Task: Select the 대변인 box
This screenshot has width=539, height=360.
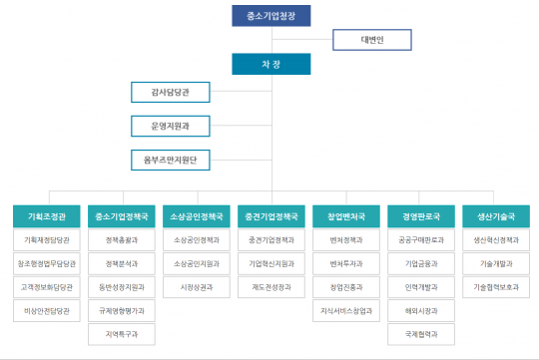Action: [371, 41]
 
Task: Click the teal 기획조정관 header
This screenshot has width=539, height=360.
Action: [47, 215]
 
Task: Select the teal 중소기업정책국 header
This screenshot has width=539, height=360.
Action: [122, 215]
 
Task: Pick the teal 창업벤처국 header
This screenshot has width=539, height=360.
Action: [345, 215]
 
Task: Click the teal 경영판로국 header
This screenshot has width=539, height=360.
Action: [420, 215]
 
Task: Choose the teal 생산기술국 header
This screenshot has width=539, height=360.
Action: [495, 215]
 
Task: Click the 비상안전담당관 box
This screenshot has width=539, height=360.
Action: [47, 311]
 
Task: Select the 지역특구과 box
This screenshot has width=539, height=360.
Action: [122, 335]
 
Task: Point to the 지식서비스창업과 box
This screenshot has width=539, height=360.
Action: [345, 311]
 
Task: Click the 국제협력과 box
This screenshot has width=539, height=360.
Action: [420, 335]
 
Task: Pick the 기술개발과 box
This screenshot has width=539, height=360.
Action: [495, 263]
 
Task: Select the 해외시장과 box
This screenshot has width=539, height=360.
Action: [420, 311]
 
